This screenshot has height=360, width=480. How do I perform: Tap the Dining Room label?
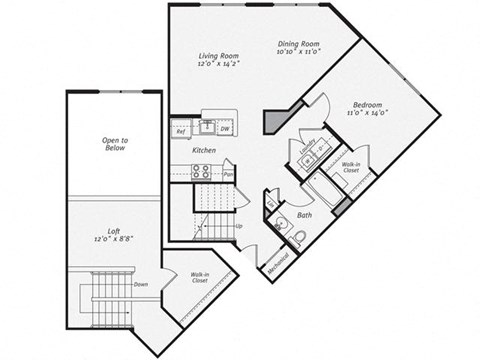coord(298,44)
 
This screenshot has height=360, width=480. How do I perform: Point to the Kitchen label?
coord(205,150)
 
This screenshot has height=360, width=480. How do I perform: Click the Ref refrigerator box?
coord(181,131)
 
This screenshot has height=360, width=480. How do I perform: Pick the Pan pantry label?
coord(229,174)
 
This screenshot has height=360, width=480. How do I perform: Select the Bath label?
coord(305,214)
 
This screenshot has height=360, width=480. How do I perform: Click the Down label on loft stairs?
coord(140,283)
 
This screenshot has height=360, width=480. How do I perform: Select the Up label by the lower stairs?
coord(238,226)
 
